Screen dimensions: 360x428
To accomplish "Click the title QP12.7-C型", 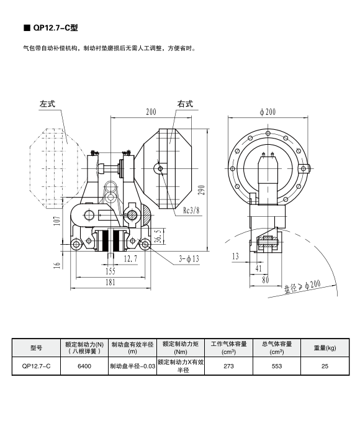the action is click(x=55, y=28).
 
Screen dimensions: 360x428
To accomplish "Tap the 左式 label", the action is click(x=47, y=104).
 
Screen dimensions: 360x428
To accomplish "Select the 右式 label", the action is click(x=185, y=104).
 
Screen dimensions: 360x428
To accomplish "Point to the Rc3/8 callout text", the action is click(x=191, y=210).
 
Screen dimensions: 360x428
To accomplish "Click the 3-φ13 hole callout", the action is click(x=189, y=258).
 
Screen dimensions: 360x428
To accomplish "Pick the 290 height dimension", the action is click(x=202, y=190).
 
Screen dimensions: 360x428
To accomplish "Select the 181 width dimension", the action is click(x=110, y=282).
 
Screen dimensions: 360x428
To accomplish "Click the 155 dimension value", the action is click(x=110, y=271).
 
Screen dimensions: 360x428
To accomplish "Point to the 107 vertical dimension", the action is click(x=56, y=221).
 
